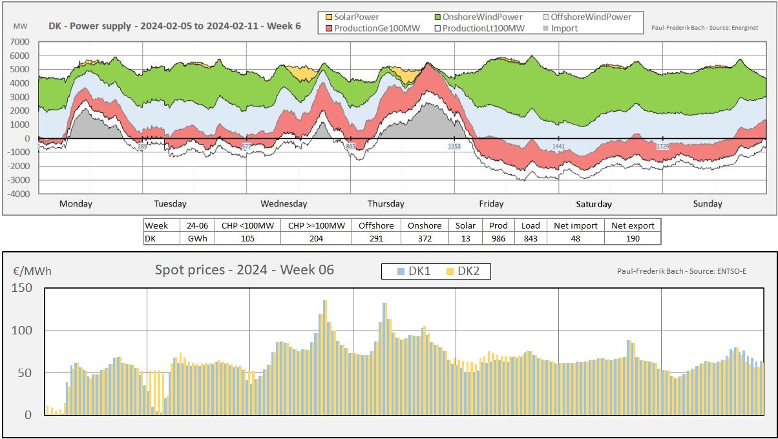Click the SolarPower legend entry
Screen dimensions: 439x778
(x=352, y=17)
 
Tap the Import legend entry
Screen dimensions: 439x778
(x=565, y=28)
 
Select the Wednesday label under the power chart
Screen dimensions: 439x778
(x=284, y=204)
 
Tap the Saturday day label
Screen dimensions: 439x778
(x=594, y=204)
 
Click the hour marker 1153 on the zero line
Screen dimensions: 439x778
(x=455, y=147)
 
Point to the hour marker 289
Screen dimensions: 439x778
(x=142, y=147)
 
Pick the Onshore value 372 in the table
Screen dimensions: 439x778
(x=425, y=238)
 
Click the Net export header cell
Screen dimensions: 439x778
(x=633, y=226)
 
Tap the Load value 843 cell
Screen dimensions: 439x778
(x=531, y=238)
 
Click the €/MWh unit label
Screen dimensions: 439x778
(x=32, y=271)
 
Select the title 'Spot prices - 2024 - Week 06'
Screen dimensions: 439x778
(x=245, y=270)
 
